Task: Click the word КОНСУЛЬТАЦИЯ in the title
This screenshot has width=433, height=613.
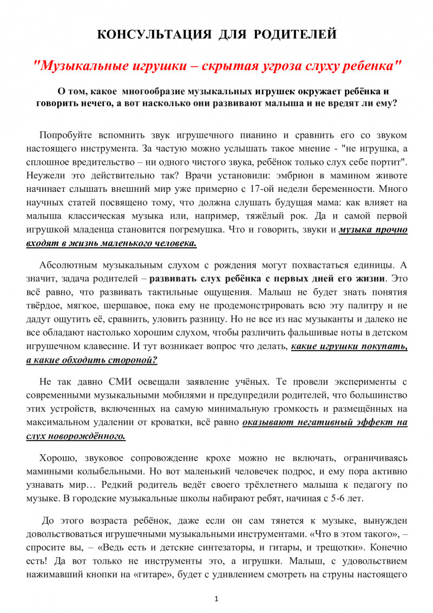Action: [154, 35]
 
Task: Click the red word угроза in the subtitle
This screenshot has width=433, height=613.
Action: [287, 67]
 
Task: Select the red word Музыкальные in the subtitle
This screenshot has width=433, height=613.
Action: [80, 67]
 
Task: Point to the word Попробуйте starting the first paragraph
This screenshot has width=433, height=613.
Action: [65, 135]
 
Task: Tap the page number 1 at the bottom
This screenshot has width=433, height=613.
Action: [216, 599]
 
